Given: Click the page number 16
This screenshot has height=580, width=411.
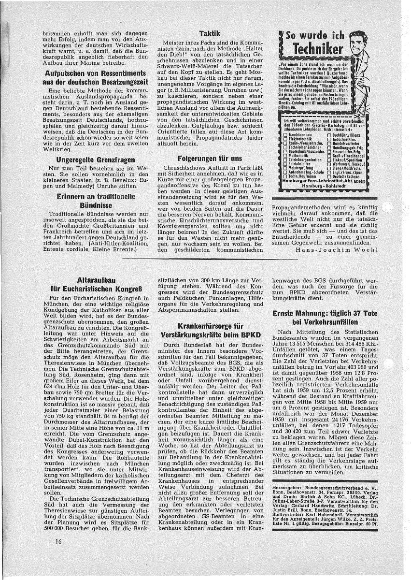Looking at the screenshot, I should tap(59, 555).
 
